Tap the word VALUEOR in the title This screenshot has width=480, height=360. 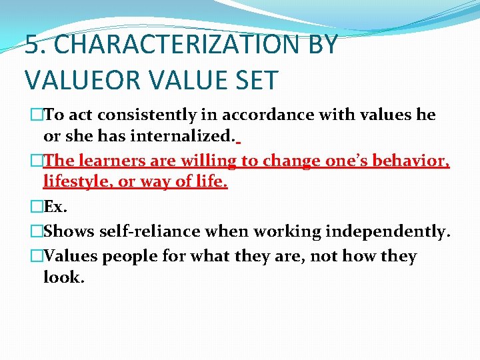tap(86, 80)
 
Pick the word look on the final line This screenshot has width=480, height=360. tap(63, 277)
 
